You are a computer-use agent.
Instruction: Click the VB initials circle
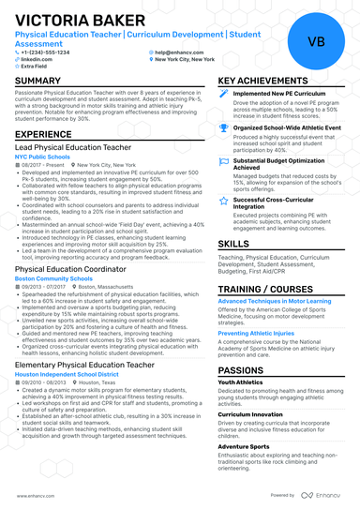click(316, 42)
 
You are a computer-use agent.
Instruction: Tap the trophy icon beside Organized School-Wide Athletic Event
click(223, 126)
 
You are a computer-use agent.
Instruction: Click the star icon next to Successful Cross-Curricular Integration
click(223, 200)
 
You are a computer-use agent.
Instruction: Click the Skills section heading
click(233, 243)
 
